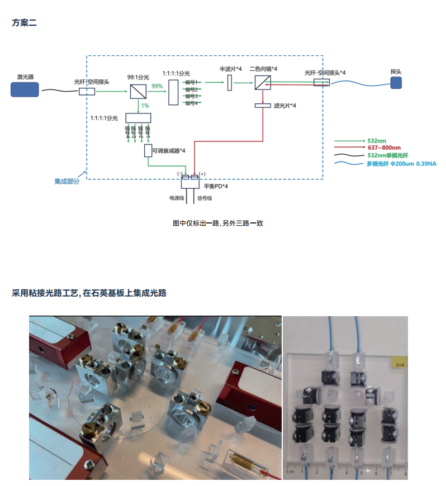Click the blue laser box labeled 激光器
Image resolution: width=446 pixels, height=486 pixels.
pos(25,89)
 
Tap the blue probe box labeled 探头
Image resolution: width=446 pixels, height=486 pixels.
pos(396,83)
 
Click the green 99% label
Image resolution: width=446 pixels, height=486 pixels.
pos(157,86)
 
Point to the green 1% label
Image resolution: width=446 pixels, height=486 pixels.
pos(145,106)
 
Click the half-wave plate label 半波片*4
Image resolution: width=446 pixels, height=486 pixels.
pos(230,69)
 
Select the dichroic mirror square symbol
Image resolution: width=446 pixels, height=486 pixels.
pos(262,83)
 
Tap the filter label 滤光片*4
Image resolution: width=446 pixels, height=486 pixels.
pos(285,106)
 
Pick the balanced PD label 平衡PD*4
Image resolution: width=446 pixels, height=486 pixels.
pos(216,187)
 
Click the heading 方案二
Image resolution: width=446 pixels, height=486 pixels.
pos(24,23)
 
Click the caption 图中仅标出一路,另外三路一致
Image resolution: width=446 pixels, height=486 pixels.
pos(218,223)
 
